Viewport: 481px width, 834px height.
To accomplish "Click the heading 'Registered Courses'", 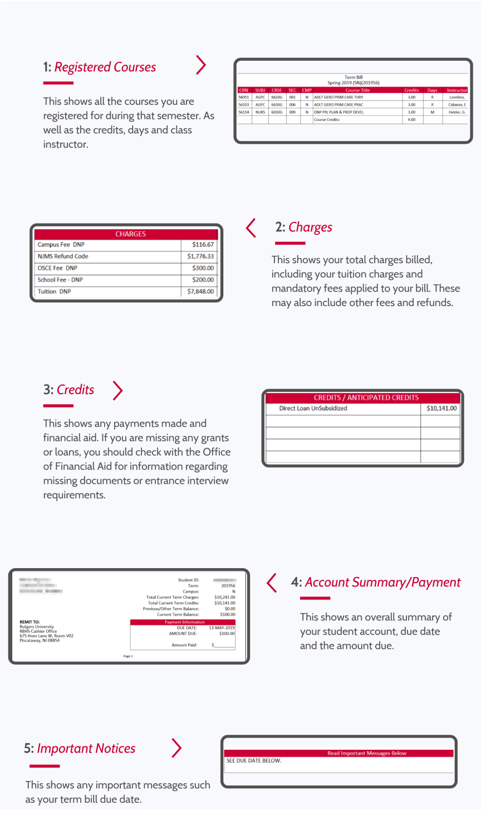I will tap(105, 67).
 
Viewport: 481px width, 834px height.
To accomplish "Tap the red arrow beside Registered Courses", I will tap(201, 65).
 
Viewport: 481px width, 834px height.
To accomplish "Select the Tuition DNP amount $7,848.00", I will tap(200, 292).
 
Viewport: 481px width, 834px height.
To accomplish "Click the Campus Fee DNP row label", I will tap(61, 245).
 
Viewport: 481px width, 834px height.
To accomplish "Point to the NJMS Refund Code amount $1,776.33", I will tap(200, 256).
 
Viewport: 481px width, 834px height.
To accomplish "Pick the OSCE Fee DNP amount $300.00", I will tap(203, 268).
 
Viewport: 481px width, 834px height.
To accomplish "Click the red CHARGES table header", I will tap(130, 234).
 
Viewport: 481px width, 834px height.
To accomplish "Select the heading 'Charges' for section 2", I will tap(310, 227).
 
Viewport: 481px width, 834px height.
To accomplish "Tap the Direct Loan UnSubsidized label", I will tap(313, 409).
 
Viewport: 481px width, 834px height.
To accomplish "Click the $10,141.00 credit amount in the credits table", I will tap(441, 409).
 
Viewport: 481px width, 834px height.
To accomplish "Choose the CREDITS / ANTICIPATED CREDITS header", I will tap(366, 398).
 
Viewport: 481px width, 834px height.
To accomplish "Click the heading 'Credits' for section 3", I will tap(75, 390).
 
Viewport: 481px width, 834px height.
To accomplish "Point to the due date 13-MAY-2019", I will tap(222, 628).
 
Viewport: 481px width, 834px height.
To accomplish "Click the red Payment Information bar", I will tap(184, 622).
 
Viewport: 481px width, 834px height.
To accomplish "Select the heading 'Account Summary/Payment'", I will tap(382, 583).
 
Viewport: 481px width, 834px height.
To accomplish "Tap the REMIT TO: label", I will tap(30, 622).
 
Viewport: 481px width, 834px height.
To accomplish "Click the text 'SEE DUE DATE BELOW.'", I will tap(254, 760).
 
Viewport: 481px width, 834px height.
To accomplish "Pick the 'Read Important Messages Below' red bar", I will tap(366, 753).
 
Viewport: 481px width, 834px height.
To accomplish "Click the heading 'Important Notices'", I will tap(86, 749).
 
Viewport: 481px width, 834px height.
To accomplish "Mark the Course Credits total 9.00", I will tap(411, 119).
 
